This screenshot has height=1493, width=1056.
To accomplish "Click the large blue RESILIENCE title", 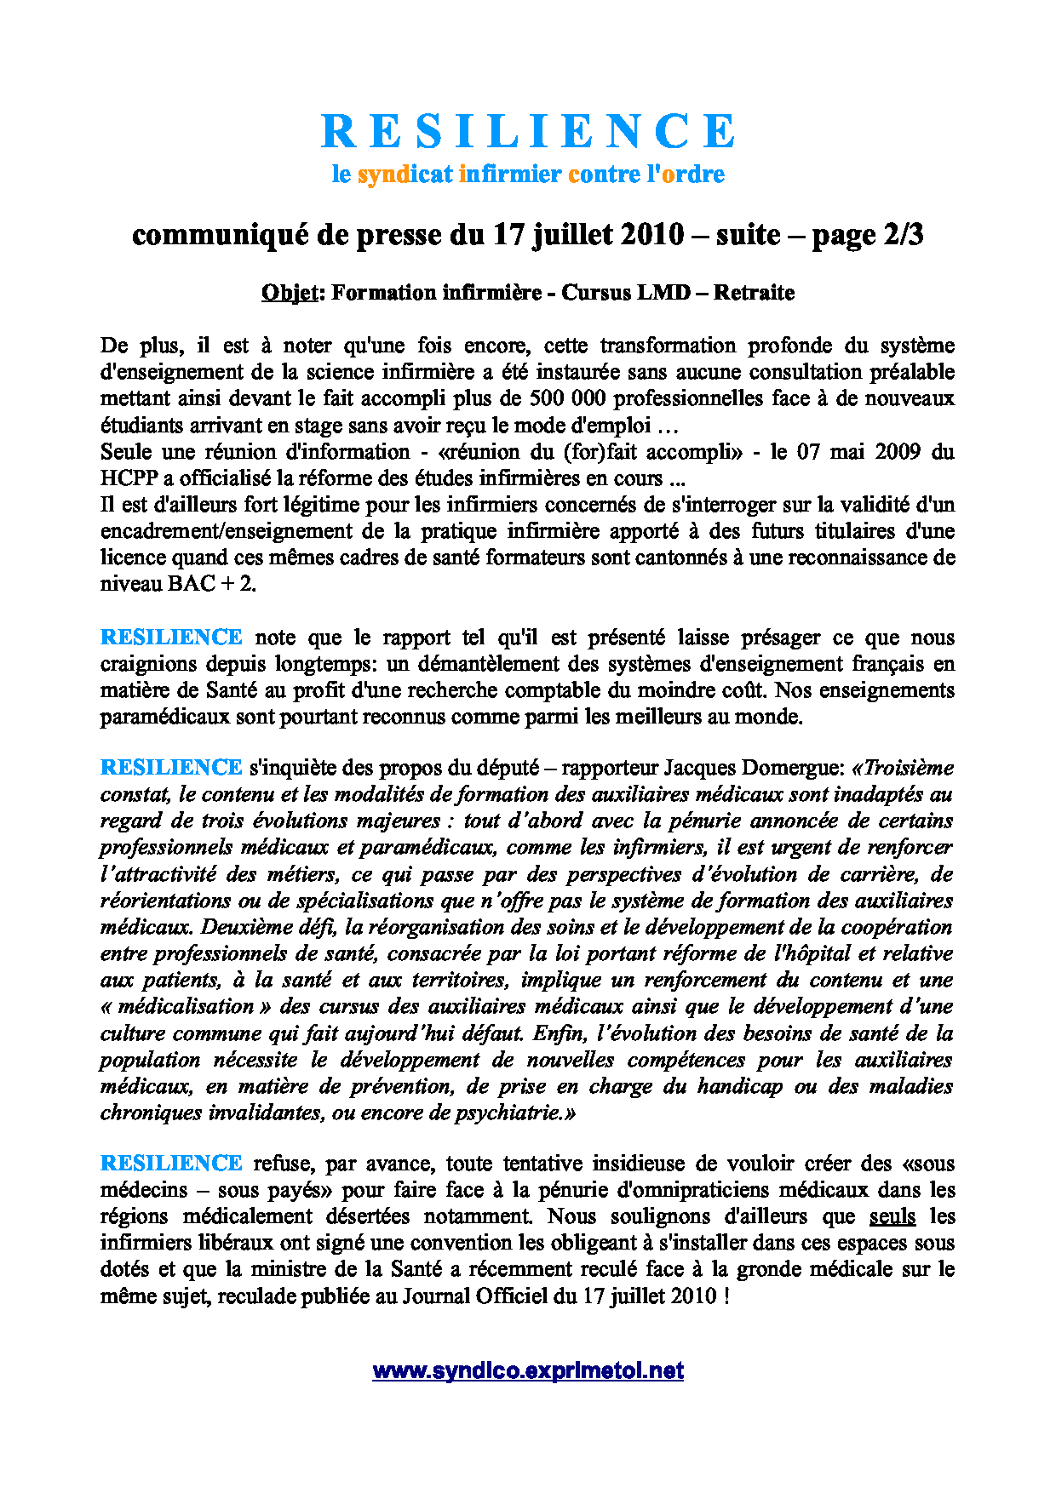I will (x=528, y=131).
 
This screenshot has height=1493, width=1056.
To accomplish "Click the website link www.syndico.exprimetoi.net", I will (x=528, y=1370).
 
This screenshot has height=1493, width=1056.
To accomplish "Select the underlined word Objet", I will (x=289, y=293).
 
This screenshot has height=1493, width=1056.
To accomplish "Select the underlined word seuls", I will (x=892, y=1216).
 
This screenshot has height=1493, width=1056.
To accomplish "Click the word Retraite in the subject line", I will (x=754, y=293).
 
